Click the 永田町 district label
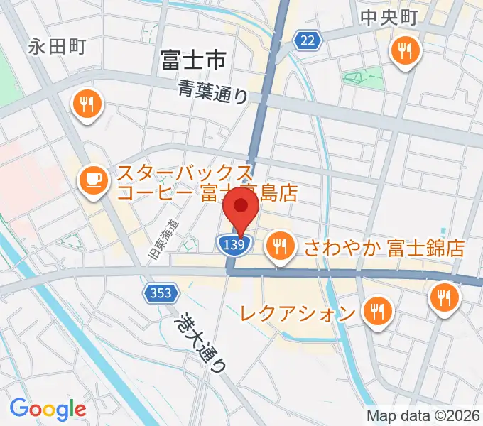click(x=58, y=47)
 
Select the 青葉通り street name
click(x=212, y=91)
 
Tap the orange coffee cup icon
click(x=93, y=179)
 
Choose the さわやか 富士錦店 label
click(x=384, y=247)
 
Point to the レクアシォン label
click(x=297, y=312)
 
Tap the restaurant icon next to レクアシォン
click(x=375, y=310)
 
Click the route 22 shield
click(x=306, y=41)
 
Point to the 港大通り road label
click(x=202, y=344)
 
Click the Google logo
click(x=48, y=409)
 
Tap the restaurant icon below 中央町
click(x=406, y=50)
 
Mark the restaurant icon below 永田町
click(x=87, y=105)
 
